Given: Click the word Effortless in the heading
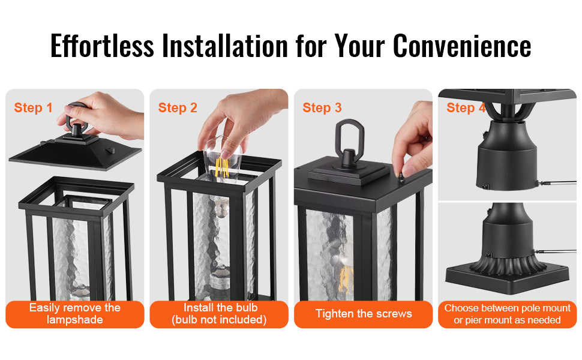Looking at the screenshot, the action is (102, 46).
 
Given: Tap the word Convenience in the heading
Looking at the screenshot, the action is (462, 46).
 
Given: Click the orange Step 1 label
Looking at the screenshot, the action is (33, 107).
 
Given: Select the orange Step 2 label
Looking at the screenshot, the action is (178, 107).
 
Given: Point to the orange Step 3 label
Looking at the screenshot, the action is (322, 107).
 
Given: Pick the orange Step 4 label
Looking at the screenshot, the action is (466, 107).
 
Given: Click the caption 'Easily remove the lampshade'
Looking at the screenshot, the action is (75, 314).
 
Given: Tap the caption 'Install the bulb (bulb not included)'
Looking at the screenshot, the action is (219, 314).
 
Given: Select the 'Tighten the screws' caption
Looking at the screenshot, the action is (364, 314).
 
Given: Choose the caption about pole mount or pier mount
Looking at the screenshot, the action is (508, 314).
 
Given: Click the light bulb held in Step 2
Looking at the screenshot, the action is (223, 160).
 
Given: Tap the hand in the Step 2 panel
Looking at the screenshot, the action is (241, 119).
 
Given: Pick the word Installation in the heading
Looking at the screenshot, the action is (225, 46).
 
